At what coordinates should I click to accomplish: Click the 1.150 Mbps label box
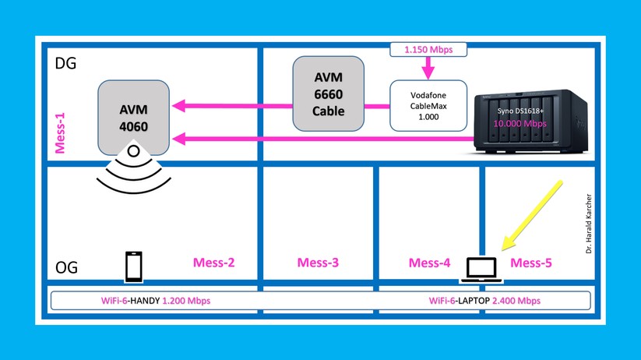(427, 50)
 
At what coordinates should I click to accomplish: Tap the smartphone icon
(133, 266)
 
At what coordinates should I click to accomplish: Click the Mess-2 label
(214, 263)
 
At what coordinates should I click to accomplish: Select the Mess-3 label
(318, 263)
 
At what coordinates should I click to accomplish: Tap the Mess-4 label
(429, 263)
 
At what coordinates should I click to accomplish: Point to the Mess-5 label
(530, 263)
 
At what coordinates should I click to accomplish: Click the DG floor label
(66, 64)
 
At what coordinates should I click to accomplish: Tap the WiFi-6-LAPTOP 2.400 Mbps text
(484, 301)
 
